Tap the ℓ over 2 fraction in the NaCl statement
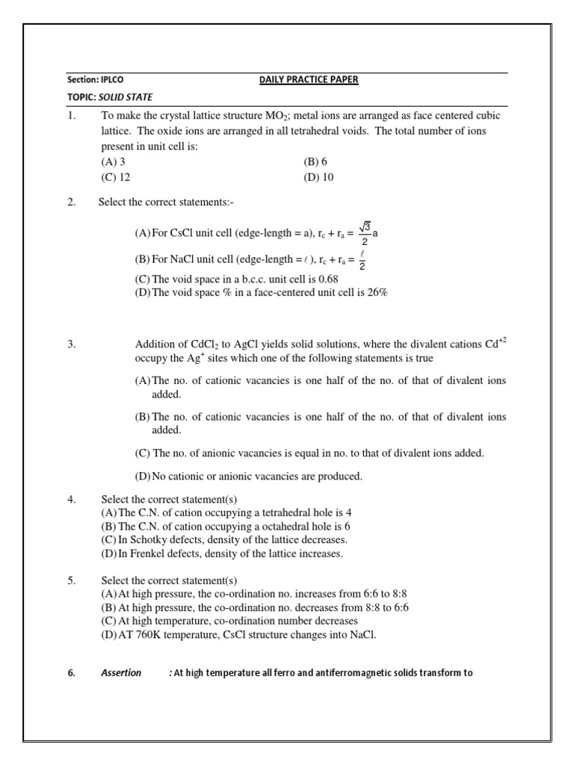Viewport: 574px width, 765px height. (x=362, y=261)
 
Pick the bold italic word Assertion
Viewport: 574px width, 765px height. (x=121, y=673)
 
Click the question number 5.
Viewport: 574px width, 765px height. (x=71, y=580)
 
